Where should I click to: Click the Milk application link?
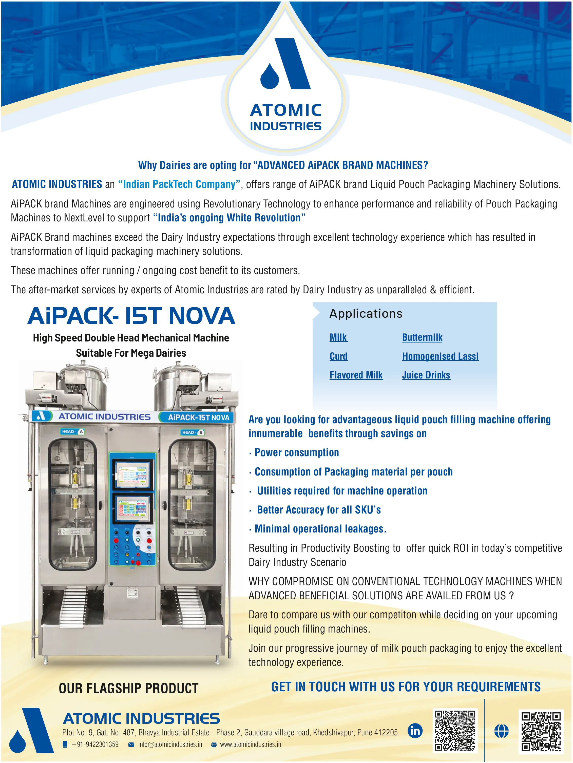(338, 337)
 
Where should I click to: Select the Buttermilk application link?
(422, 337)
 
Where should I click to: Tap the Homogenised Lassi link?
(440, 356)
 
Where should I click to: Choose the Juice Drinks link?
(426, 375)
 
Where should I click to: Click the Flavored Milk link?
(356, 375)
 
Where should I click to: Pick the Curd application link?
(338, 356)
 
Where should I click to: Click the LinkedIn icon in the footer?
(415, 731)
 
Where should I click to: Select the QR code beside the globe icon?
(541, 731)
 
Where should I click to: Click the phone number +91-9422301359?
(95, 744)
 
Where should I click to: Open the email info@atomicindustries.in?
(170, 744)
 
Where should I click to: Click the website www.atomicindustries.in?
(251, 744)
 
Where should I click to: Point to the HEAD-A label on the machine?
(72, 431)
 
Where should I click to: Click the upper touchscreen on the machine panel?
(132, 475)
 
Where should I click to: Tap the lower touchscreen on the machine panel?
(132, 508)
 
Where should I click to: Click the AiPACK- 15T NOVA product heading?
(131, 316)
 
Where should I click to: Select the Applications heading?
(366, 314)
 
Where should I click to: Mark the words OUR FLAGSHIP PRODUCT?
(128, 688)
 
